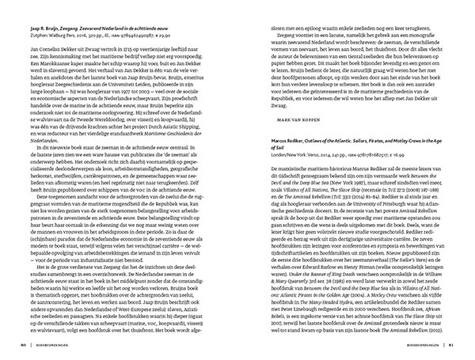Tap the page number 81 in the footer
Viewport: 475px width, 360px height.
click(452, 345)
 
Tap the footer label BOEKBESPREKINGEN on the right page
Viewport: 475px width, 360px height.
click(421, 345)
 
